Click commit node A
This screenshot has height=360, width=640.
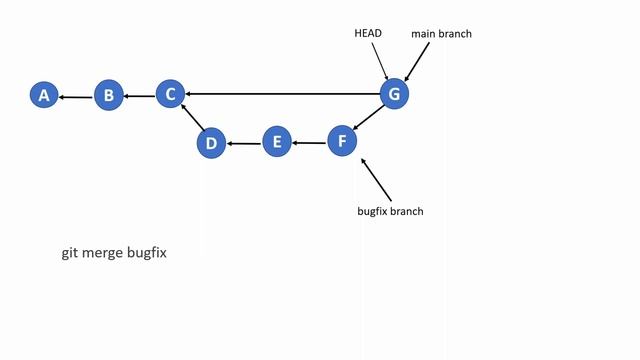click(x=43, y=95)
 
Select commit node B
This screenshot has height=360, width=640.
click(x=109, y=95)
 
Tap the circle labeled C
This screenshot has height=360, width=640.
click(x=170, y=94)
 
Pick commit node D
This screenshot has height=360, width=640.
click(x=211, y=143)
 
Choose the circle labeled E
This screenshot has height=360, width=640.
click(x=277, y=143)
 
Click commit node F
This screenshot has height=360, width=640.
click(x=342, y=140)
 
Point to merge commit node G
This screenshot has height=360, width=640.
click(x=394, y=94)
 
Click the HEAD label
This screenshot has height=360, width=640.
click(x=369, y=33)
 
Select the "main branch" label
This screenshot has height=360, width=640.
click(x=441, y=34)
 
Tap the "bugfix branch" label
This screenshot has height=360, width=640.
click(x=391, y=211)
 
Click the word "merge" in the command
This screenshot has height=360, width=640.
click(x=103, y=253)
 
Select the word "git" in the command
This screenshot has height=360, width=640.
click(x=69, y=253)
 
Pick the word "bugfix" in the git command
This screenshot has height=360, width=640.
click(x=147, y=253)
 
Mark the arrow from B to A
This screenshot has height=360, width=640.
click(x=76, y=96)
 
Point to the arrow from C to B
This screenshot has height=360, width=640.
click(x=140, y=96)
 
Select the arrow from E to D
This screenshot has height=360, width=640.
click(x=244, y=144)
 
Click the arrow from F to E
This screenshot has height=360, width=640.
click(x=310, y=143)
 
